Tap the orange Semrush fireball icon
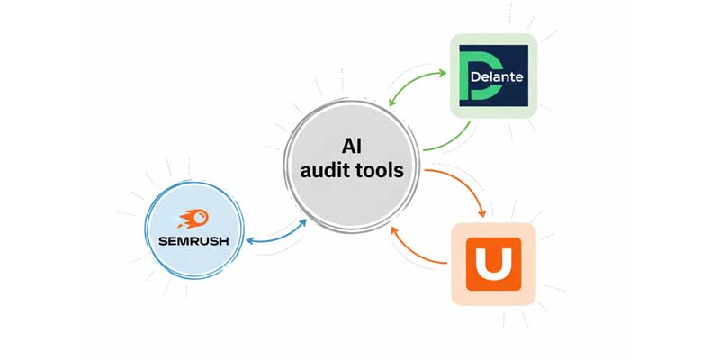pos(193,219)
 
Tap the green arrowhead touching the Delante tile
pos(445,70)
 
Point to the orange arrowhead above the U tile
pos(483,212)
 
